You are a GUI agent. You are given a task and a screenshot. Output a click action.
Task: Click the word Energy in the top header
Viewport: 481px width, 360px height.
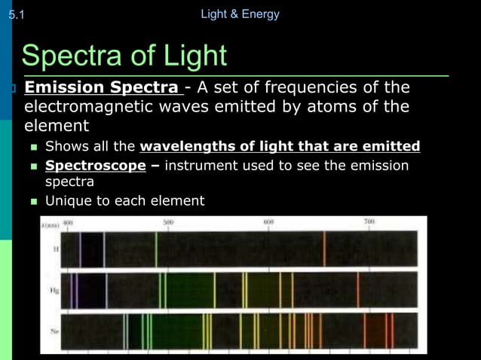click(260, 14)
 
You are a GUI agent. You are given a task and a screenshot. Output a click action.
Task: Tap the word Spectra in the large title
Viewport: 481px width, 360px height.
click(81, 55)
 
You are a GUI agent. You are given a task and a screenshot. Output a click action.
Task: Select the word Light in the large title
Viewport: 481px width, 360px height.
click(190, 55)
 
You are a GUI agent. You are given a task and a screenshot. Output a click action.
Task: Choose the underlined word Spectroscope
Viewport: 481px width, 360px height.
click(96, 165)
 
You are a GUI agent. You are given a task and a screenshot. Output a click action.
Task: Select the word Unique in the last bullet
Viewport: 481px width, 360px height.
click(67, 201)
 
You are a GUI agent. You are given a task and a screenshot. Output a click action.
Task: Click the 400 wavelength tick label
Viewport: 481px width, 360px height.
click(68, 223)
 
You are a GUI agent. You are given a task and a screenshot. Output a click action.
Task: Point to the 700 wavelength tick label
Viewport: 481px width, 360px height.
click(369, 222)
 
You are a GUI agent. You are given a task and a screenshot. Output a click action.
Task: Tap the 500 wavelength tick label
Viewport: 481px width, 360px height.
click(168, 223)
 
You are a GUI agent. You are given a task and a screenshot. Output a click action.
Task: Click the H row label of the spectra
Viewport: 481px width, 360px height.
click(55, 249)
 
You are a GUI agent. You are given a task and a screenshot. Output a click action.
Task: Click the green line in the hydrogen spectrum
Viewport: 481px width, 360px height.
click(156, 249)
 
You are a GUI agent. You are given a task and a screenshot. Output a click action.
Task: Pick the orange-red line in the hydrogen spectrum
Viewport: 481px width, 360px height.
click(324, 249)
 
